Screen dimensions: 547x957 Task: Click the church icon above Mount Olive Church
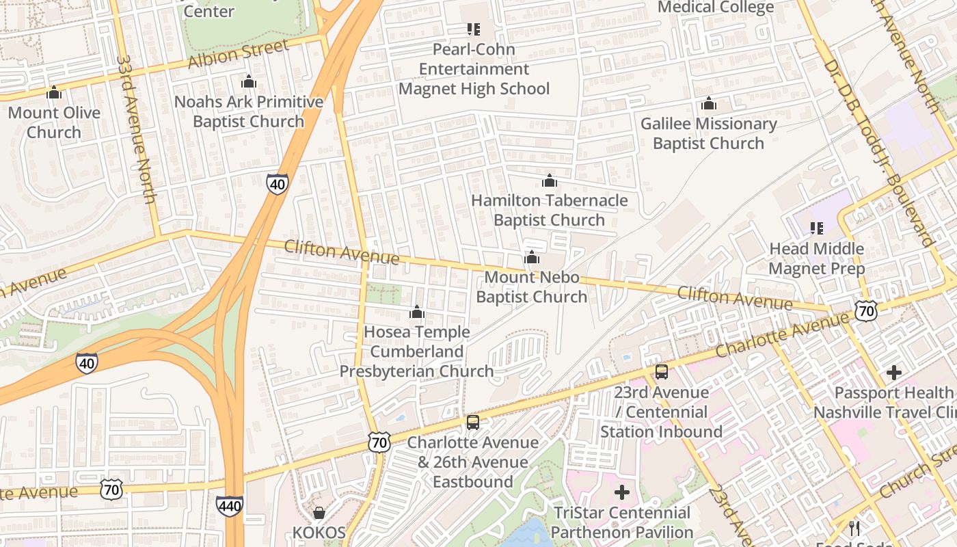54,92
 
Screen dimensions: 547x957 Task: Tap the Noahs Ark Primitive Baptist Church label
249,111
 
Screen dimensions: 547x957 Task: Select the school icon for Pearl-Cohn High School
473,29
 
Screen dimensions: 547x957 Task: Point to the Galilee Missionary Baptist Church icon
709,103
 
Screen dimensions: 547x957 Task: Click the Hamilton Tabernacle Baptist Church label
549,210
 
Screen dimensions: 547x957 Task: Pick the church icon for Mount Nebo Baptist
532,257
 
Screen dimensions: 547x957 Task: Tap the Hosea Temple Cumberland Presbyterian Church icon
417,312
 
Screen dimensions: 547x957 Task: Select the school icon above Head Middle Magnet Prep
816,228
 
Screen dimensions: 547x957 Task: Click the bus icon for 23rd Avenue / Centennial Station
661,372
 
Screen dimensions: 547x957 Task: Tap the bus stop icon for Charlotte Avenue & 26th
472,422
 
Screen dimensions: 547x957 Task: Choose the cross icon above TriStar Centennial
621,492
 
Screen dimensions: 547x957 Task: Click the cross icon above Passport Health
893,373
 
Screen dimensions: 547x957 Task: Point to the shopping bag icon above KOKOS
319,512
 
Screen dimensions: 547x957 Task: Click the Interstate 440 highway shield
230,506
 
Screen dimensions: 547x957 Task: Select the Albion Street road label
238,55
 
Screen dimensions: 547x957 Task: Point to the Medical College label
715,8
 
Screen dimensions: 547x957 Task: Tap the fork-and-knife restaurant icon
854,528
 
